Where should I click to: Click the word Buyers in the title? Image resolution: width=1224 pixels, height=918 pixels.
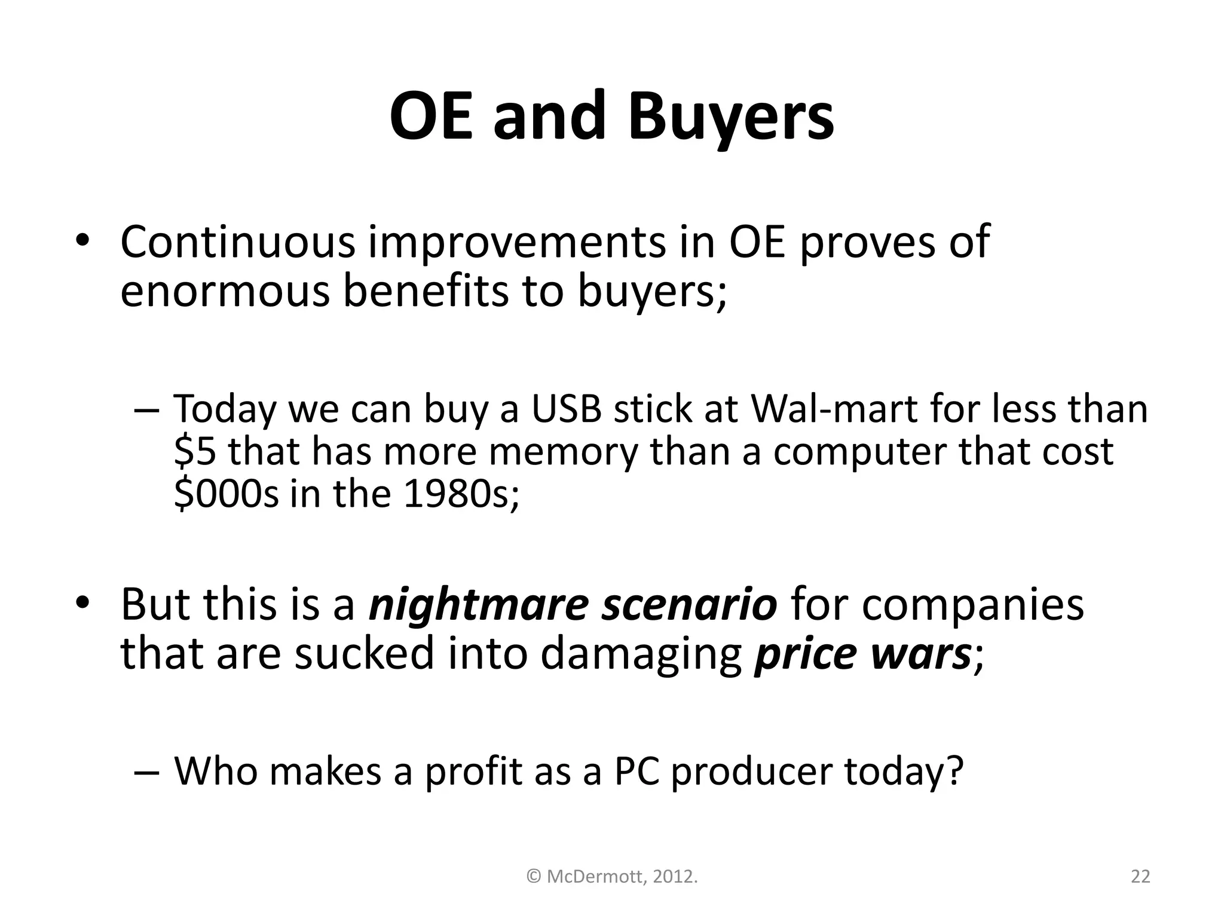(x=730, y=117)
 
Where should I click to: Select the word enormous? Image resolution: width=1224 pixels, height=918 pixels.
(x=225, y=292)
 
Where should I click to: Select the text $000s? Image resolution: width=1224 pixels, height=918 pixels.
(x=226, y=494)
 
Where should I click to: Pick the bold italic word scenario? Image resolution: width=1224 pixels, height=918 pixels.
(x=689, y=605)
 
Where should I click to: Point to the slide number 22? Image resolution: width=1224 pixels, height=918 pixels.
(x=1140, y=877)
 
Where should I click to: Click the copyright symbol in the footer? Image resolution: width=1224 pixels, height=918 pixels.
(x=534, y=877)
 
